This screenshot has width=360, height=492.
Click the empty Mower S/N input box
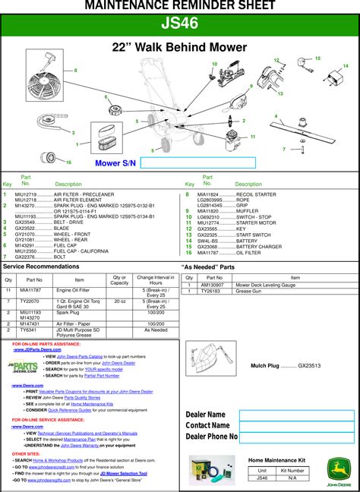[x=198, y=162]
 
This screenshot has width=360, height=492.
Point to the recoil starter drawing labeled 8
[x=51, y=85]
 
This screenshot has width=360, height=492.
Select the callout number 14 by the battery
[x=345, y=67]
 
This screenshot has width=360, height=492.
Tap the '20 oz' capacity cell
[x=119, y=301]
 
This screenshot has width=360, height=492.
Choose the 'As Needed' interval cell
[x=156, y=330]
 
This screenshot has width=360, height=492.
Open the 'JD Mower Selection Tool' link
[x=133, y=473]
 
